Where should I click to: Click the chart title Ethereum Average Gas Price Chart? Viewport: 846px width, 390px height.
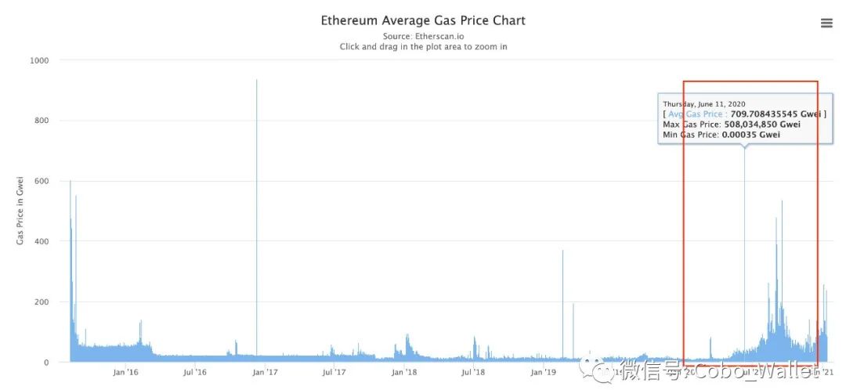pyautogui.click(x=423, y=20)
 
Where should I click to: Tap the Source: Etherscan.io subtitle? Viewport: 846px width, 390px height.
pyautogui.click(x=423, y=36)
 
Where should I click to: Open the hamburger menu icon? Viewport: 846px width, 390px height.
pyautogui.click(x=826, y=23)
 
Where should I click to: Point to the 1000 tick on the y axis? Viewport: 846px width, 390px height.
pyautogui.click(x=38, y=60)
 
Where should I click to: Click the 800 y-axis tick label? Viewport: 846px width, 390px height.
pyautogui.click(x=41, y=121)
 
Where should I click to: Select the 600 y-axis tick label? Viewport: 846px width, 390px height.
pyautogui.click(x=41, y=181)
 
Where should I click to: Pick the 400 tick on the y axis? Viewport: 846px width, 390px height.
pyautogui.click(x=41, y=241)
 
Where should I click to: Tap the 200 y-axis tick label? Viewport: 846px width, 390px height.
pyautogui.click(x=41, y=302)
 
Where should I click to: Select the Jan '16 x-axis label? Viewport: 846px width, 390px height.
pyautogui.click(x=125, y=372)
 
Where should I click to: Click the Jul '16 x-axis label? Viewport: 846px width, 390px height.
pyautogui.click(x=195, y=372)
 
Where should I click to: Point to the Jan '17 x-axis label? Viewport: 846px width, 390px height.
pyautogui.click(x=265, y=372)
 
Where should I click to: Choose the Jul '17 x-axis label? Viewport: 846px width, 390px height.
pyautogui.click(x=334, y=372)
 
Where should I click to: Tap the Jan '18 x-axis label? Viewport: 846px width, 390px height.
pyautogui.click(x=404, y=372)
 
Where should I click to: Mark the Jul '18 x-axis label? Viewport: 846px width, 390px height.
pyautogui.click(x=474, y=372)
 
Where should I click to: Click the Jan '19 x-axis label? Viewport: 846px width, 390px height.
pyautogui.click(x=544, y=372)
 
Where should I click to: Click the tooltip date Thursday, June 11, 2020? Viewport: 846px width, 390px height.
pyautogui.click(x=704, y=103)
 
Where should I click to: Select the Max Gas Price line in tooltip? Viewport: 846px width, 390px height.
pyautogui.click(x=732, y=124)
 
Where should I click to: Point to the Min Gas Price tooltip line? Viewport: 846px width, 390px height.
pyautogui.click(x=721, y=135)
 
